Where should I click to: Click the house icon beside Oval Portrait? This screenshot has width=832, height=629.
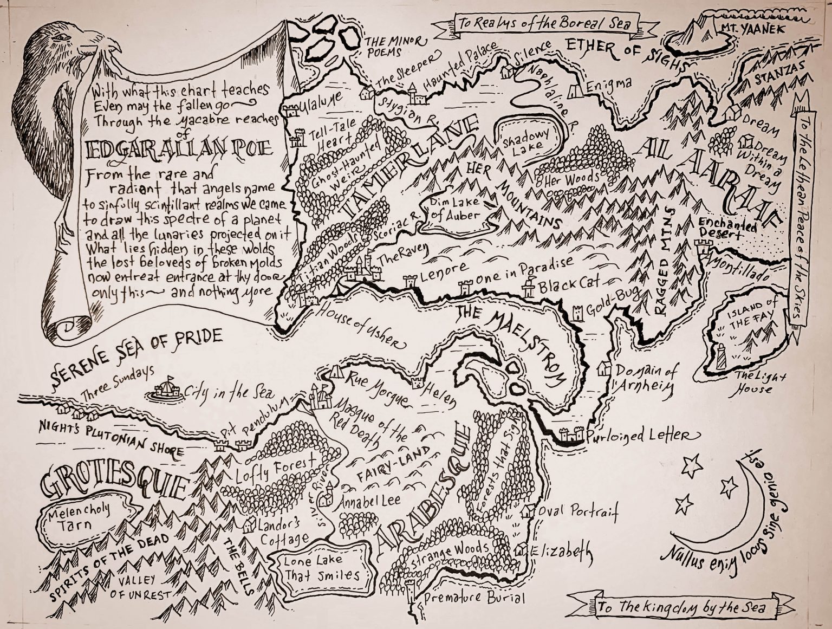click(x=525, y=511)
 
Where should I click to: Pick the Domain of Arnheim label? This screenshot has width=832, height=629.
click(x=645, y=379)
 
